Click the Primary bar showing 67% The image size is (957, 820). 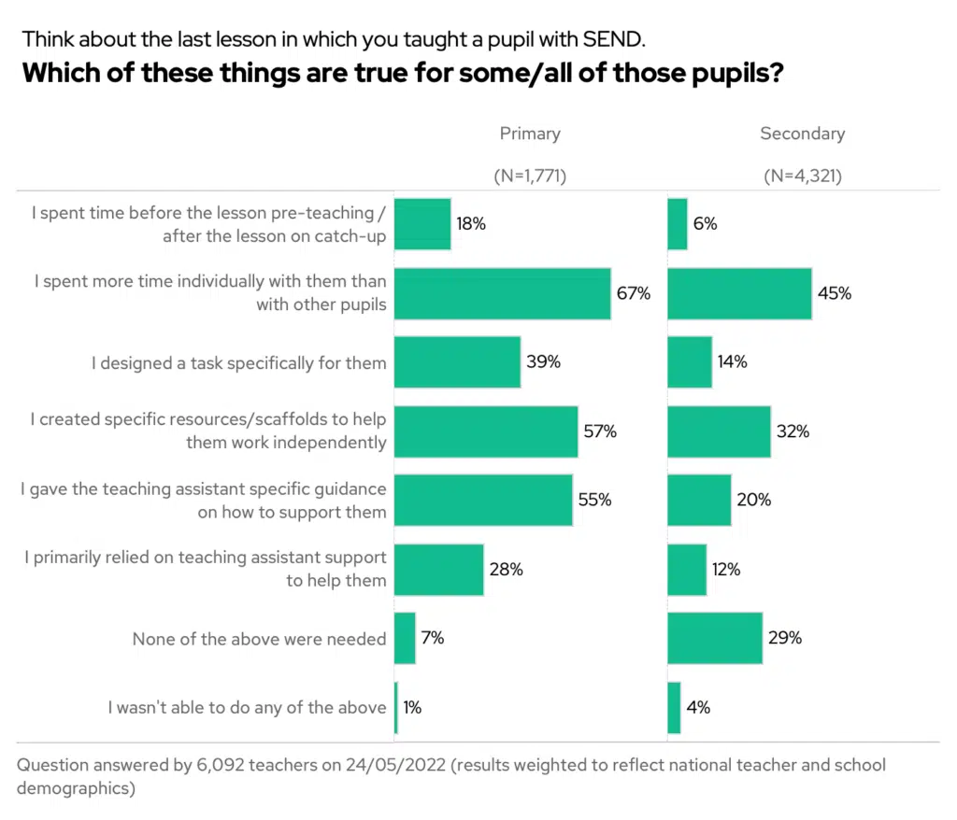502,293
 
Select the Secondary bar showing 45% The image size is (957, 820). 739,293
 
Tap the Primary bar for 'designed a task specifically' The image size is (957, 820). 457,362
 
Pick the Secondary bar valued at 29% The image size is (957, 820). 715,639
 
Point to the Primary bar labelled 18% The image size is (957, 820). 422,224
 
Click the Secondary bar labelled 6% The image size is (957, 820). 678,224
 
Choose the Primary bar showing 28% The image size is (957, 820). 438,569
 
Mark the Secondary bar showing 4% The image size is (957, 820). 674,708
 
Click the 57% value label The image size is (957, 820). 602,431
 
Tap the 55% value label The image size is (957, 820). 594,500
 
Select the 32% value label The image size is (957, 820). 794,431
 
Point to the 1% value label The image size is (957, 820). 412,708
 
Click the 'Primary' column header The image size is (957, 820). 529,134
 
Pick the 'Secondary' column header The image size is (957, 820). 802,134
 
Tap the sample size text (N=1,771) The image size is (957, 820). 530,175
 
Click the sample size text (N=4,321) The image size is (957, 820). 802,175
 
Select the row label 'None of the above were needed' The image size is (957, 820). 259,639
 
